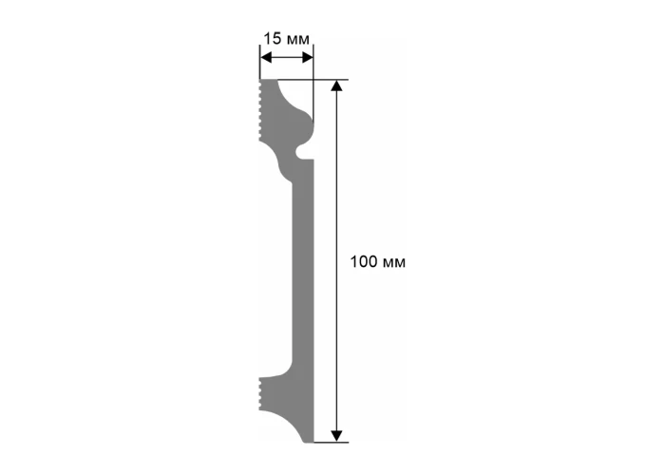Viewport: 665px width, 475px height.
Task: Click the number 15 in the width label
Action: [x=273, y=39]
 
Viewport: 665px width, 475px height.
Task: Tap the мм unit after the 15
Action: [x=298, y=40]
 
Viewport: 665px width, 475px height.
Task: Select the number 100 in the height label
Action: [x=363, y=261]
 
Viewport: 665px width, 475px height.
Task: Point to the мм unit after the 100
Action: [x=394, y=263]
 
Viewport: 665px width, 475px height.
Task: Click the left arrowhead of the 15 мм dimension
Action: [x=266, y=58]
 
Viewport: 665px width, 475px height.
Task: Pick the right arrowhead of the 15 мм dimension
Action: [x=307, y=58]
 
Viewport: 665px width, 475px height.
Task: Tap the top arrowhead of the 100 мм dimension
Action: [x=336, y=85]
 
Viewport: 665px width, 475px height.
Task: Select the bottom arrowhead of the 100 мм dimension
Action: [x=336, y=436]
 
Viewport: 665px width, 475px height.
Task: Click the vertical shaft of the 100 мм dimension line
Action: [x=336, y=261]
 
